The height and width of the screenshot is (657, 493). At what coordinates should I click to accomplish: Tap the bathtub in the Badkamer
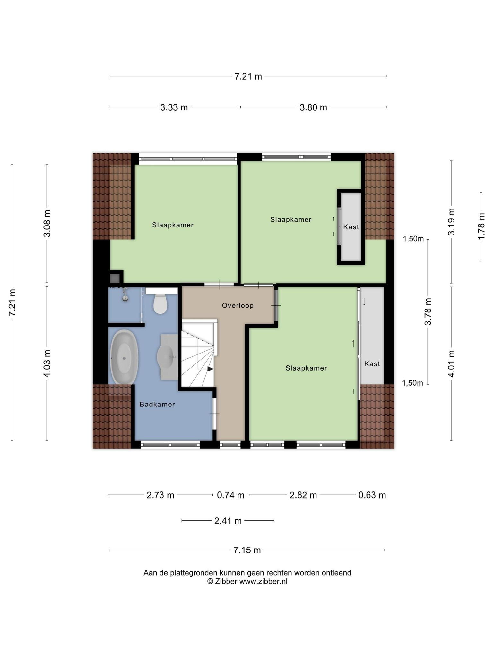pyautogui.click(x=124, y=357)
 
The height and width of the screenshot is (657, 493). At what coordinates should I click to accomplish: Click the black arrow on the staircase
pyautogui.click(x=210, y=369)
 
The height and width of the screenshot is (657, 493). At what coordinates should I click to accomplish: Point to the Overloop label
pyautogui.click(x=238, y=306)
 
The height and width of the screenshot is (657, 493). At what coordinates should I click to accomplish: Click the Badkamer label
pyautogui.click(x=157, y=405)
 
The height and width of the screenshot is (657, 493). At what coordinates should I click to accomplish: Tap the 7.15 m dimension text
pyautogui.click(x=247, y=550)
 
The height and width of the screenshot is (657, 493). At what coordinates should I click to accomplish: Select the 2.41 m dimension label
pyautogui.click(x=228, y=521)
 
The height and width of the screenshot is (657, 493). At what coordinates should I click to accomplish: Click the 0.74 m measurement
pyautogui.click(x=231, y=495)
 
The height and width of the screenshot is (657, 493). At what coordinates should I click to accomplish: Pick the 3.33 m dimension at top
pyautogui.click(x=174, y=107)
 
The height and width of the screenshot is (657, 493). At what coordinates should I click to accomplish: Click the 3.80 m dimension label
pyautogui.click(x=313, y=107)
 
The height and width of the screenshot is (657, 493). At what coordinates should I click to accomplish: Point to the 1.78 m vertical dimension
pyautogui.click(x=481, y=226)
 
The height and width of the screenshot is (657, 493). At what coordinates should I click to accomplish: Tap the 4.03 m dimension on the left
pyautogui.click(x=47, y=363)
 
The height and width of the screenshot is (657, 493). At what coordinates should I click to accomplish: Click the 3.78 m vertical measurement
pyautogui.click(x=428, y=311)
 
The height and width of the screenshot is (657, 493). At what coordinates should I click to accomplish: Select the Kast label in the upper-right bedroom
pyautogui.click(x=351, y=227)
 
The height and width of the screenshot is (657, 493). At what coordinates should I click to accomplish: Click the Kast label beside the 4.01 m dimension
pyautogui.click(x=372, y=364)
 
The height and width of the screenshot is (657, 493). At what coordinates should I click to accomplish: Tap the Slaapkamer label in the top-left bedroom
pyautogui.click(x=173, y=225)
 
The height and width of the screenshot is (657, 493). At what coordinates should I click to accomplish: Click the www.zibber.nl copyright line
pyautogui.click(x=247, y=581)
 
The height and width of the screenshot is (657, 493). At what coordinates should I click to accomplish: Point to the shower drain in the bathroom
pyautogui.click(x=125, y=298)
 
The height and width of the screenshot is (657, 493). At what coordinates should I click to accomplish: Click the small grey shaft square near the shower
pyautogui.click(x=115, y=278)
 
